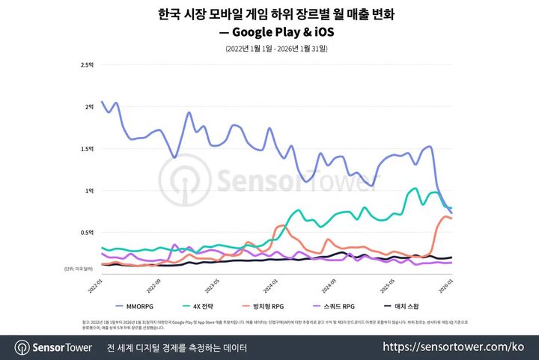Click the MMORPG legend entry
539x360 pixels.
139,306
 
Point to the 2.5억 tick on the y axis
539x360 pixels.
87,65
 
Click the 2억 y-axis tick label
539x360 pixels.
89,107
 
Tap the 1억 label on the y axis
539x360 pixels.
89,191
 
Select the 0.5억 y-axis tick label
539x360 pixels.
87,233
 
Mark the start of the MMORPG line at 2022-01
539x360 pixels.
103,103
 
